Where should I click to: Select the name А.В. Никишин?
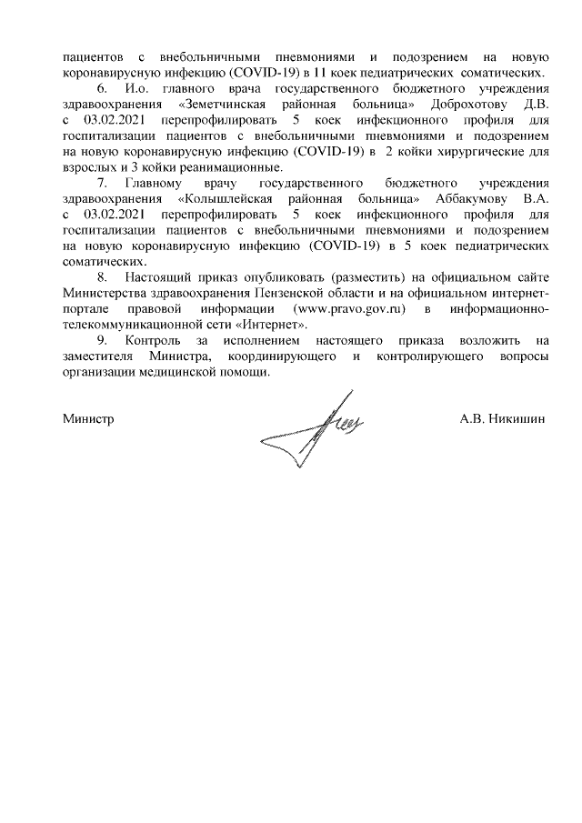coord(503,419)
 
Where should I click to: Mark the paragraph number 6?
coord(102,88)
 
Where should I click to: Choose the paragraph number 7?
coord(102,183)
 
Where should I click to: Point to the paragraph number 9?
coord(102,341)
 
